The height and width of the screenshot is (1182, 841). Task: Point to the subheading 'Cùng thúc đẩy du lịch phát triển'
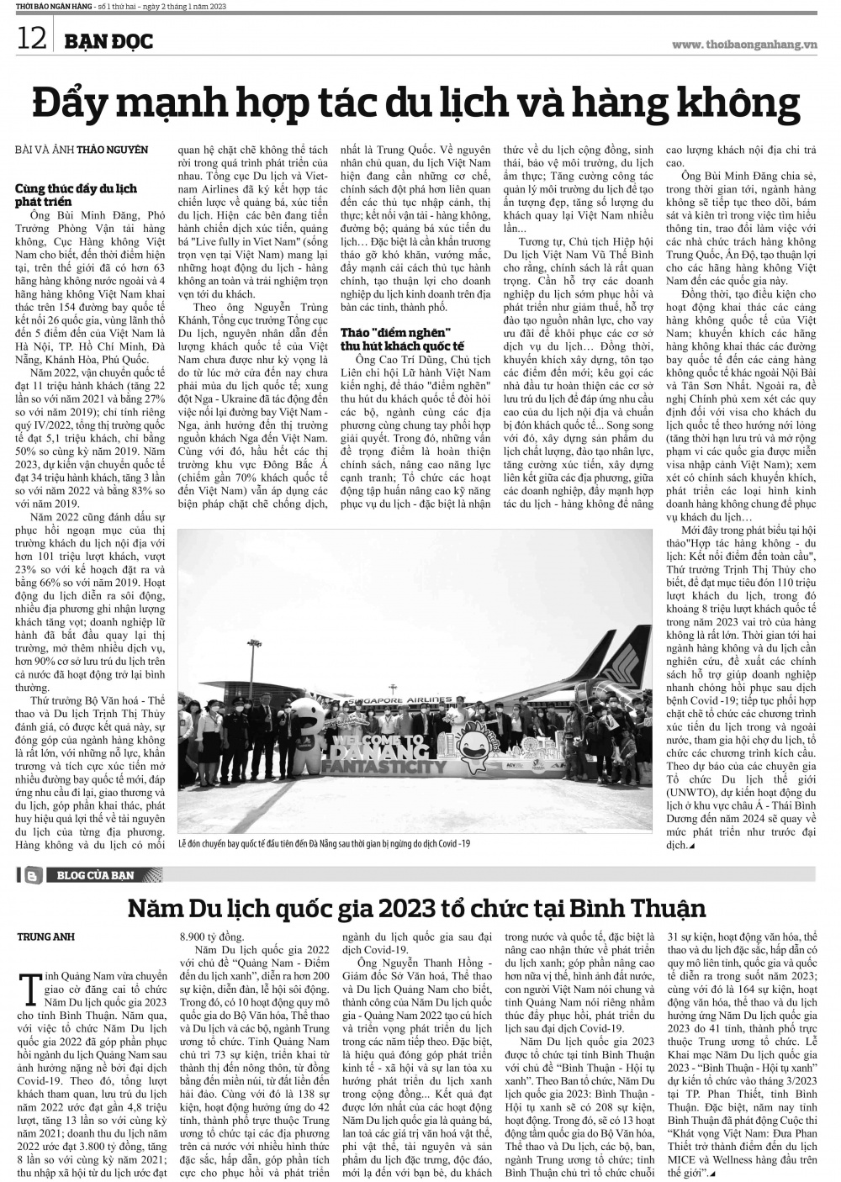(x=76, y=195)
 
